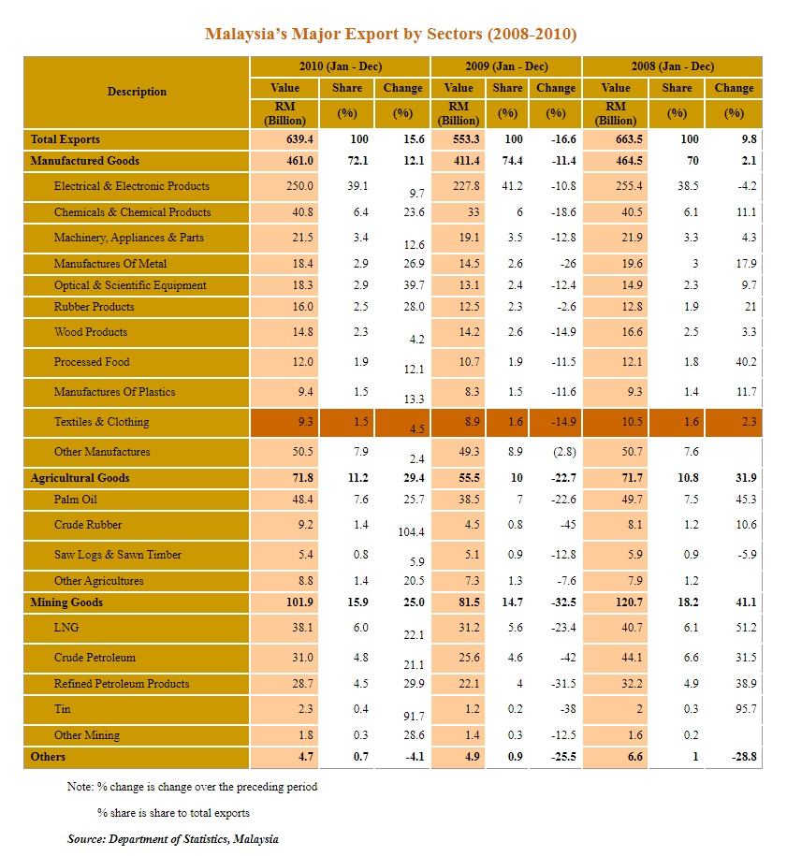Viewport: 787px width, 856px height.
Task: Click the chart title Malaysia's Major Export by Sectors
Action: (390, 35)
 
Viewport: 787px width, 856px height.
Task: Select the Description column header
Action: (137, 92)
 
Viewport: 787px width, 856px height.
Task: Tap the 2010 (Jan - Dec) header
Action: (340, 66)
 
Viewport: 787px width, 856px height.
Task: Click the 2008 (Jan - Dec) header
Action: (671, 66)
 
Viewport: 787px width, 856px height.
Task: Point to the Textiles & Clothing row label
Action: (101, 422)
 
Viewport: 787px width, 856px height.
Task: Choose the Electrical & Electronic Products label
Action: (131, 186)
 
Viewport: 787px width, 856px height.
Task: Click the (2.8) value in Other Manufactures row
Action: (556, 452)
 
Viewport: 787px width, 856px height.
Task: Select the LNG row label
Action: (66, 628)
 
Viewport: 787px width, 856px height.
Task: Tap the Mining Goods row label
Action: (66, 602)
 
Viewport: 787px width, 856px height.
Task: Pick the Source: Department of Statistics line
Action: (172, 839)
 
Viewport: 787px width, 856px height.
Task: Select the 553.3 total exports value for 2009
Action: (458, 138)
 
